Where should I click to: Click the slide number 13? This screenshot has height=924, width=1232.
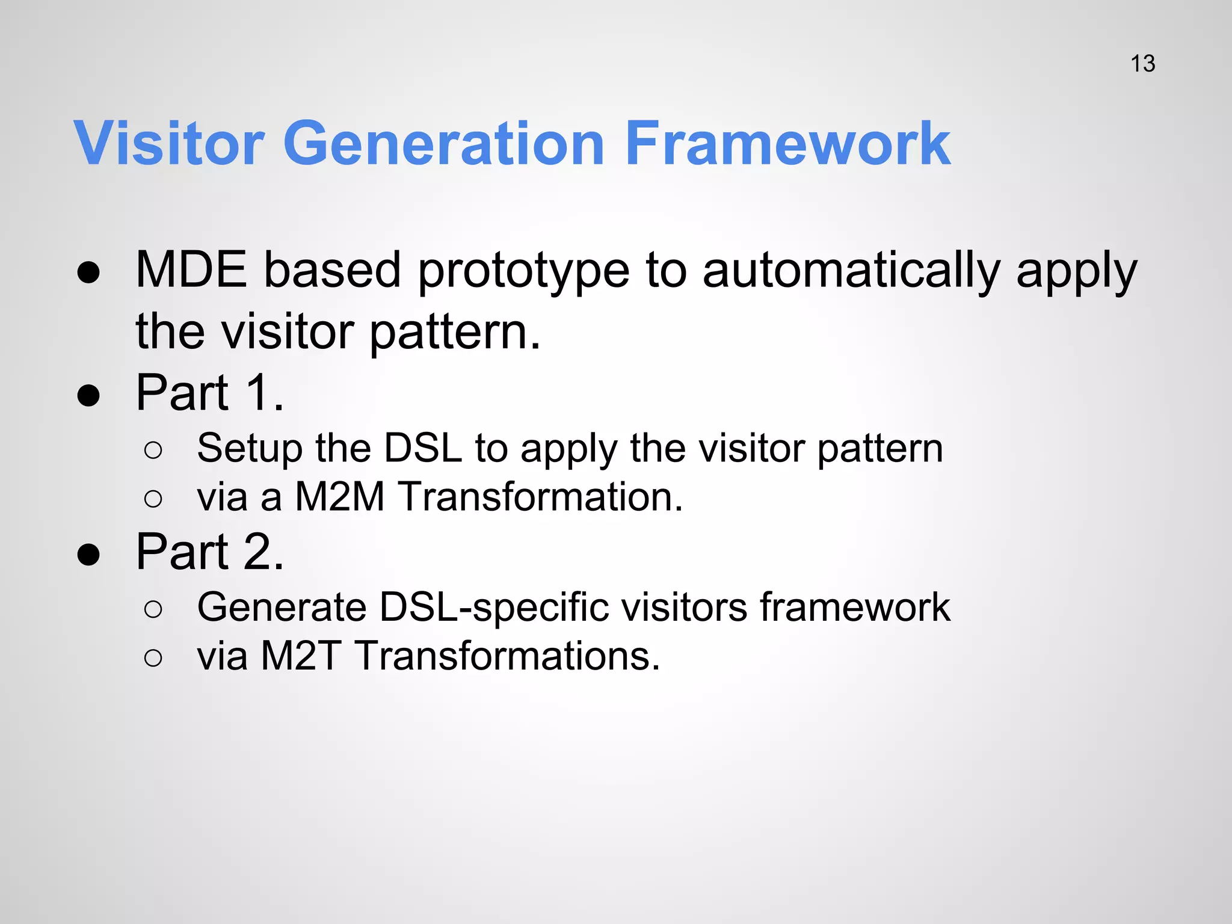1142,64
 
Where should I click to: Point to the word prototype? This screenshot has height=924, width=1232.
523,271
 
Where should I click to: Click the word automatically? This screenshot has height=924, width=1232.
851,271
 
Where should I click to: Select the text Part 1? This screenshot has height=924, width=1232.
209,393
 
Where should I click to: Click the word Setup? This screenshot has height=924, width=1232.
248,449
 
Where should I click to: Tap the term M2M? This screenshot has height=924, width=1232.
339,497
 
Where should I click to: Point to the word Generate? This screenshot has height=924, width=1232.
282,607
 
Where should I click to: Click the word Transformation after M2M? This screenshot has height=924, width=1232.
541,497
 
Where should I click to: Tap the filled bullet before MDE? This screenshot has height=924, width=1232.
88,273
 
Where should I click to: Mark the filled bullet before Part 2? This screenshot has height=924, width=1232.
88,555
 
